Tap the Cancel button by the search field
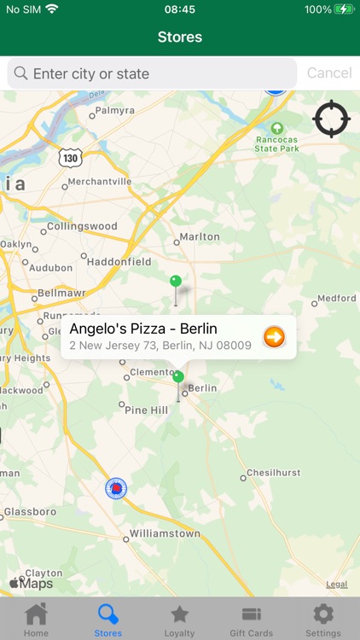click(x=328, y=73)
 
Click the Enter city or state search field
click(x=154, y=73)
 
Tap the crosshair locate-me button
click(x=331, y=119)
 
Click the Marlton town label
click(x=200, y=236)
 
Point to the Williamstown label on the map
click(x=165, y=533)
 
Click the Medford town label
click(x=336, y=299)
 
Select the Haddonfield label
click(x=119, y=262)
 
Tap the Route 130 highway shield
click(x=69, y=158)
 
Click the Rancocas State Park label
click(x=276, y=143)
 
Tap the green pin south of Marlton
click(x=176, y=282)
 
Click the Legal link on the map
click(x=337, y=585)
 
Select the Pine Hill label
click(x=147, y=410)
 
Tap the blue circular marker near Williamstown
click(x=116, y=488)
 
